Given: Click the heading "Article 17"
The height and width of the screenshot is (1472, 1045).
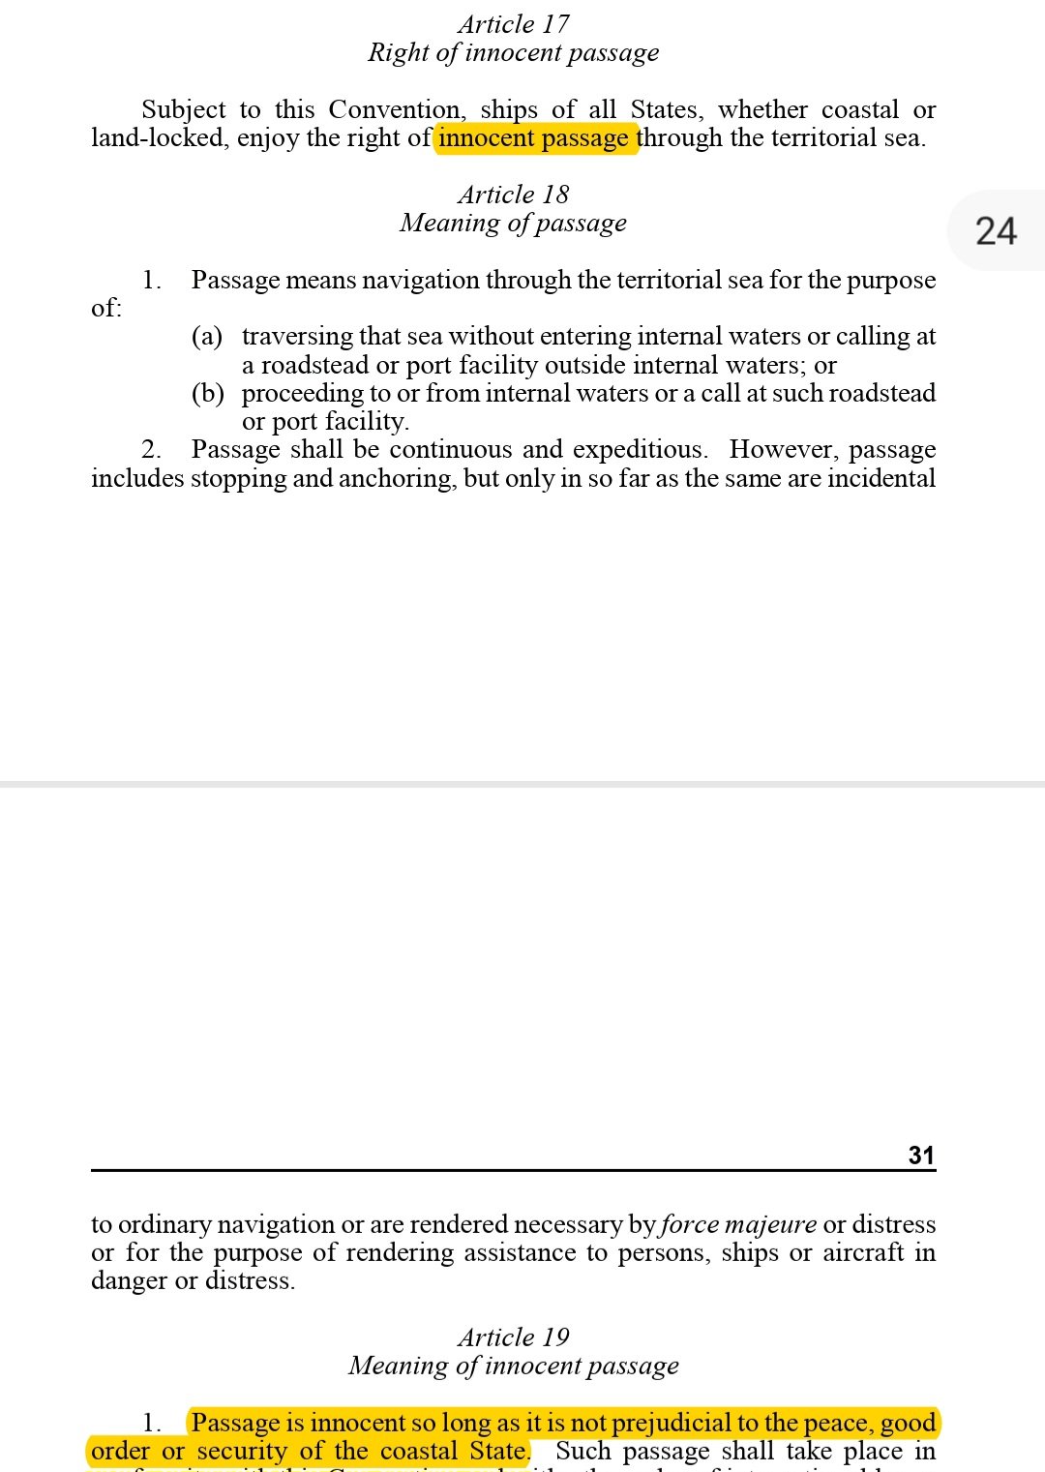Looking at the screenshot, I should click(x=514, y=24).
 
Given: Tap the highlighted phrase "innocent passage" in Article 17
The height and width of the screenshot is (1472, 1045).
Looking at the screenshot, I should click(x=534, y=138).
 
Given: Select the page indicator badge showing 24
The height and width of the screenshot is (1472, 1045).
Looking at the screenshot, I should click(x=996, y=231).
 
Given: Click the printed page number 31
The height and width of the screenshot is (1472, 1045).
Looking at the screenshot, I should click(x=921, y=1155).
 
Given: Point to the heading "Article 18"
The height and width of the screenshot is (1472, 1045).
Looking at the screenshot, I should click(x=514, y=195).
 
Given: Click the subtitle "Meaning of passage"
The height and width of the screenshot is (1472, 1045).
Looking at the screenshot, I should click(x=514, y=224).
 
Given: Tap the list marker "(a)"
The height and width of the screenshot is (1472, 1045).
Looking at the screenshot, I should click(x=207, y=336).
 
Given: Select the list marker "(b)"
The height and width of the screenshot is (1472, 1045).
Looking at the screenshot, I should click(x=207, y=393).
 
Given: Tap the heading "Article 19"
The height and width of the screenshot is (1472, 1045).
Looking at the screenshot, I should click(x=514, y=1337).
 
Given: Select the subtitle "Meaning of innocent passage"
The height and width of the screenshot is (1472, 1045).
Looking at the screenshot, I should click(x=514, y=1366).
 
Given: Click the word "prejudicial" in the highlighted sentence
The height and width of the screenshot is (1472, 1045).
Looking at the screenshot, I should click(x=672, y=1423).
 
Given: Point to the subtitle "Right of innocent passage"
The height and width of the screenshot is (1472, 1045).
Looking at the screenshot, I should click(x=514, y=52).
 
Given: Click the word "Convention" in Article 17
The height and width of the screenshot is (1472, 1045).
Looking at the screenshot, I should click(x=395, y=109).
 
